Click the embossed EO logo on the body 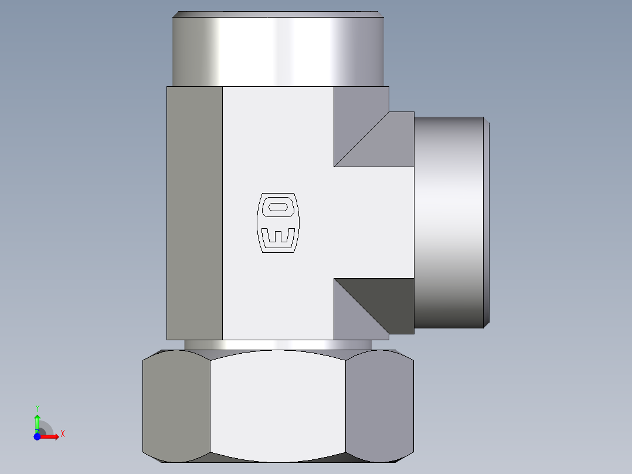[x=278, y=222]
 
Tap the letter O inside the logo [x=278, y=206]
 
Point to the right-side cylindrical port [x=449, y=222]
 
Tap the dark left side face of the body [x=195, y=213]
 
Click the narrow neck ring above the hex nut [x=277, y=345]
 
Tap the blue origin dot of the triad [x=37, y=436]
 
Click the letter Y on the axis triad [x=38, y=408]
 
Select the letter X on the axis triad [x=62, y=434]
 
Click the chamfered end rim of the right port [x=487, y=222]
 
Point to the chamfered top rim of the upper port [x=278, y=14]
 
